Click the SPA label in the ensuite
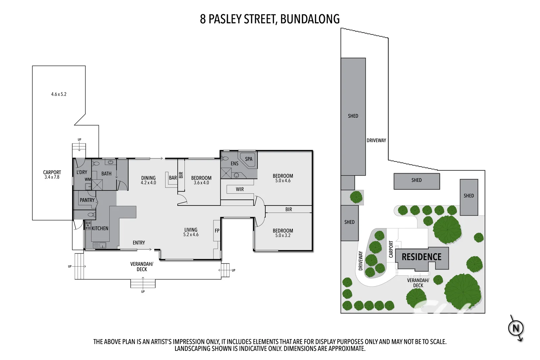(x=248, y=159)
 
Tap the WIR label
(x=240, y=189)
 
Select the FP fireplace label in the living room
(x=217, y=231)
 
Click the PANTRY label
(x=87, y=200)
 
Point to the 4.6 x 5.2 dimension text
(x=59, y=94)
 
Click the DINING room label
(x=148, y=178)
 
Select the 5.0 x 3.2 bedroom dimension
(x=283, y=236)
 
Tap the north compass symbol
(x=515, y=328)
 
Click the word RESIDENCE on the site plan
(x=421, y=257)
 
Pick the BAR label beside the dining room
(x=173, y=178)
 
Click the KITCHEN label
(x=100, y=228)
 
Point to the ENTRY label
(x=139, y=243)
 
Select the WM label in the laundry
(x=88, y=179)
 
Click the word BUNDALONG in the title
(x=310, y=19)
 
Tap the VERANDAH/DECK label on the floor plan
(x=142, y=267)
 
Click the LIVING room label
(x=191, y=230)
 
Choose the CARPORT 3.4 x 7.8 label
(x=52, y=174)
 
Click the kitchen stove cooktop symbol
(x=88, y=225)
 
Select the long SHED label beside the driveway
(x=353, y=116)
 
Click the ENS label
(x=235, y=164)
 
